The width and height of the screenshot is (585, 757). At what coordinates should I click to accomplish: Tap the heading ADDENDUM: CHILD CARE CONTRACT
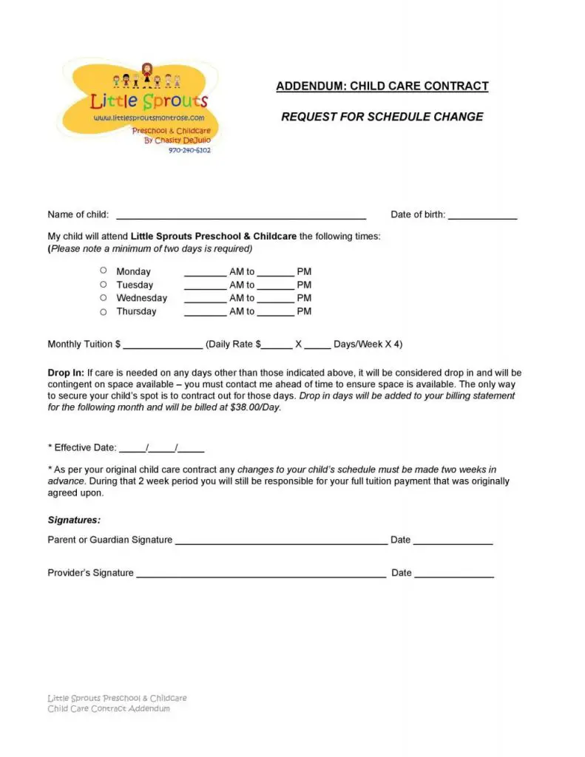pyautogui.click(x=382, y=86)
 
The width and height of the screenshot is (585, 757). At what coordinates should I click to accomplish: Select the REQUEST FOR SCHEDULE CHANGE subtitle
pyautogui.click(x=382, y=117)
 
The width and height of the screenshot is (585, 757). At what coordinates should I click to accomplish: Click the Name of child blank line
pyautogui.click(x=241, y=217)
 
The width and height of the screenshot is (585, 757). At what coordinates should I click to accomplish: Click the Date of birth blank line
pyautogui.click(x=482, y=217)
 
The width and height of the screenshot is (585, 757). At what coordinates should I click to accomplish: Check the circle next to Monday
pyautogui.click(x=104, y=271)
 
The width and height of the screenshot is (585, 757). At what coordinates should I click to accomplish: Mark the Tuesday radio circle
pyautogui.click(x=104, y=284)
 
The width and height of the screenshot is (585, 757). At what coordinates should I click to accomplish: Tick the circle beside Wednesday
pyautogui.click(x=104, y=297)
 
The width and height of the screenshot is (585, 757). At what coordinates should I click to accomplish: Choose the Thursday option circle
pyautogui.click(x=104, y=311)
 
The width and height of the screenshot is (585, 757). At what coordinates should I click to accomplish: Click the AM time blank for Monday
pyautogui.click(x=205, y=274)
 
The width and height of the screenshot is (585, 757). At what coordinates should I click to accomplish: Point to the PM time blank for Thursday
pyautogui.click(x=276, y=313)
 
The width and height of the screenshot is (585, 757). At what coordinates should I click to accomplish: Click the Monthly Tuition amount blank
pyautogui.click(x=163, y=346)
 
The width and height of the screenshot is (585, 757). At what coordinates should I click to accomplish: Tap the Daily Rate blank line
pyautogui.click(x=277, y=346)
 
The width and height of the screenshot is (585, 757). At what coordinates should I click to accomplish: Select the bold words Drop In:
pyautogui.click(x=65, y=373)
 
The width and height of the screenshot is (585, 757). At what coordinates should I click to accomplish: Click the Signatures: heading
pyautogui.click(x=74, y=520)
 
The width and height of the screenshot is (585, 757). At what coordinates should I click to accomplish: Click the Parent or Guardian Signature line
pyautogui.click(x=281, y=542)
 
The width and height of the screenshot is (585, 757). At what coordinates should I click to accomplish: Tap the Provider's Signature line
pyautogui.click(x=260, y=574)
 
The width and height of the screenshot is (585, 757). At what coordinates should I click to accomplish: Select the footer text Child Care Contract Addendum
pyautogui.click(x=109, y=708)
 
